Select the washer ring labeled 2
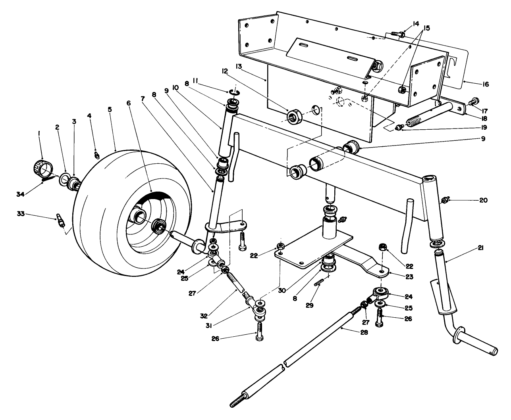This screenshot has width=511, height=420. (64, 180)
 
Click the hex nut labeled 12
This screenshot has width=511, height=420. (294, 117)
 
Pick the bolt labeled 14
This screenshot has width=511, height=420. (397, 35)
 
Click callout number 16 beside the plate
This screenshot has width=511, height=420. (485, 84)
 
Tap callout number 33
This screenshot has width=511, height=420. (21, 214)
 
